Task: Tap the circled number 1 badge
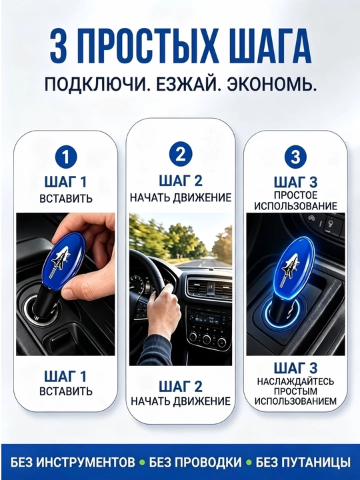click(x=65, y=158)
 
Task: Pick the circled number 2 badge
click(x=181, y=155)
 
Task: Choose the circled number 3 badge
click(x=295, y=156)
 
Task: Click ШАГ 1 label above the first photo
click(x=65, y=182)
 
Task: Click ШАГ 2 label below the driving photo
click(x=181, y=386)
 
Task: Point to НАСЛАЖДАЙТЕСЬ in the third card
click(x=295, y=382)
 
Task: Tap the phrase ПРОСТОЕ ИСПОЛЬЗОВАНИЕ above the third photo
click(x=295, y=201)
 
